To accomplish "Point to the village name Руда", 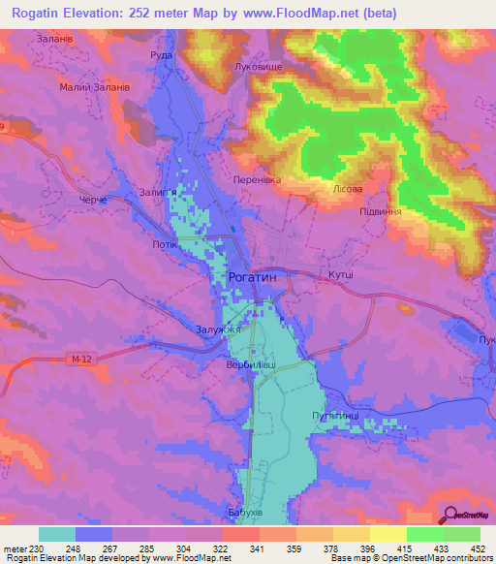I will pos(160,55).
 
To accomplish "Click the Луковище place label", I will pos(258,67).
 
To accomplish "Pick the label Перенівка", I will pos(257,179).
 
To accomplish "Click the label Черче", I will pos(94,198).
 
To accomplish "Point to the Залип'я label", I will pos(158,192).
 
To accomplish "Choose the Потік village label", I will pos(165,243).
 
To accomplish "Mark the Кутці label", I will pos(340,275).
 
